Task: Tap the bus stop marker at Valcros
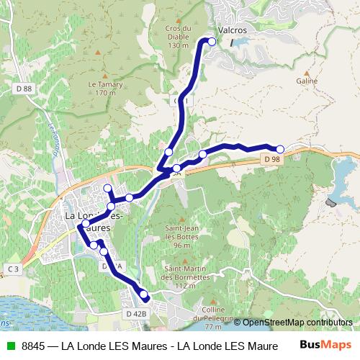click(212, 42)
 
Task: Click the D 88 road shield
click(23, 89)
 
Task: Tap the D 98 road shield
click(271, 158)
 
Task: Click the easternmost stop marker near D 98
click(280, 149)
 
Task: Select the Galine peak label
click(306, 82)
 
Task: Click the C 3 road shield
click(13, 269)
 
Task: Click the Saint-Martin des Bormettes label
click(179, 277)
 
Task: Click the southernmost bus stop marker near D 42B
click(145, 295)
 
